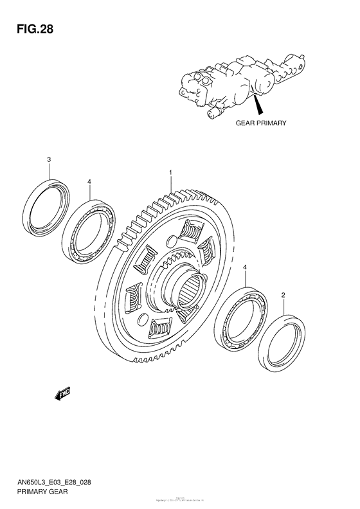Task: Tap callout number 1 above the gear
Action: (170, 172)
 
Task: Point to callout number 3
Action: (49, 159)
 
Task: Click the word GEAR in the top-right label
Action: (246, 122)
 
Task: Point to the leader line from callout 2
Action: (283, 307)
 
